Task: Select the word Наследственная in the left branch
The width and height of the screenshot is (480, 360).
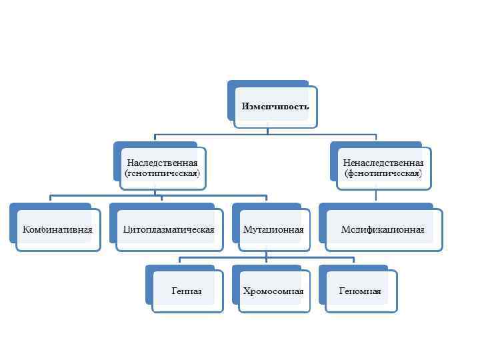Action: (162, 163)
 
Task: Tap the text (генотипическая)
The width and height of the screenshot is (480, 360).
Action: (162, 173)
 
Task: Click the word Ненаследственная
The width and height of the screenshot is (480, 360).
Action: (383, 163)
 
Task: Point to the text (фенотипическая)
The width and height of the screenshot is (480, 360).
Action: (383, 173)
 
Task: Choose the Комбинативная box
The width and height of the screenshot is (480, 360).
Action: (57, 229)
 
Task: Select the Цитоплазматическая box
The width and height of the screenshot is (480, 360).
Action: (169, 229)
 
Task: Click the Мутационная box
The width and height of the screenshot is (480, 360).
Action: (273, 229)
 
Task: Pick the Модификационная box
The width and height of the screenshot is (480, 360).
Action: (383, 229)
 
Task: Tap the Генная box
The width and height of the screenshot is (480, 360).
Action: (187, 291)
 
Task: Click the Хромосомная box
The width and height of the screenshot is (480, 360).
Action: (273, 291)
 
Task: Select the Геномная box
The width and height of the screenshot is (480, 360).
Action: (360, 291)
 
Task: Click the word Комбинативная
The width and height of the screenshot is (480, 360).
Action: (57, 230)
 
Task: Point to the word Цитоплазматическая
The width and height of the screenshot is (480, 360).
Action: (169, 230)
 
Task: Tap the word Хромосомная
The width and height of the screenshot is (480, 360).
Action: (273, 291)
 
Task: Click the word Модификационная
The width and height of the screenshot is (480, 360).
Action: (383, 230)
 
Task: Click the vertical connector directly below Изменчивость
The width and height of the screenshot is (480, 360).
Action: (267, 131)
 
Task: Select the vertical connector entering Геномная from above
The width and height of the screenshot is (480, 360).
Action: (353, 261)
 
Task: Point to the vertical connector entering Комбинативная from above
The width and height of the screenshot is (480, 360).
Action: (51, 199)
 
